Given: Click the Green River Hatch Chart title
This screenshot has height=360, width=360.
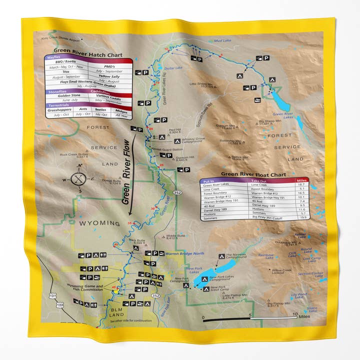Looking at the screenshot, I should pyautogui.click(x=83, y=56).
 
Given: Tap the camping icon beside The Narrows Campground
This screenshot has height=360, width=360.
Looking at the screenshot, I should pyautogui.click(x=221, y=256).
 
